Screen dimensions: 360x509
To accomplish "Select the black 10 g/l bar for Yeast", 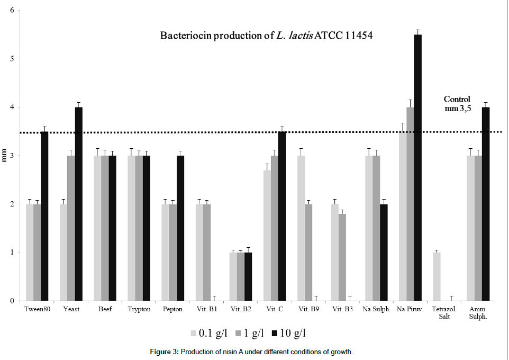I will (x=79, y=204).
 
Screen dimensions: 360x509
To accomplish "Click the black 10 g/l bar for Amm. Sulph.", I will (x=485, y=204).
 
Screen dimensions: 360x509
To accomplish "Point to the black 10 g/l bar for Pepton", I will (x=180, y=228).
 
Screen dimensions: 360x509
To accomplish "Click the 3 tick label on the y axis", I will (x=12, y=156).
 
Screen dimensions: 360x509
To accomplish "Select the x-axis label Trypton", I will (x=139, y=309).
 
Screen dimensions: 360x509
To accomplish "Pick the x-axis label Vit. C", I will (x=275, y=309).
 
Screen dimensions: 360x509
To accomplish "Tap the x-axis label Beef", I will (x=105, y=309).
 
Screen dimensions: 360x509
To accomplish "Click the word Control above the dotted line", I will (x=457, y=99).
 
